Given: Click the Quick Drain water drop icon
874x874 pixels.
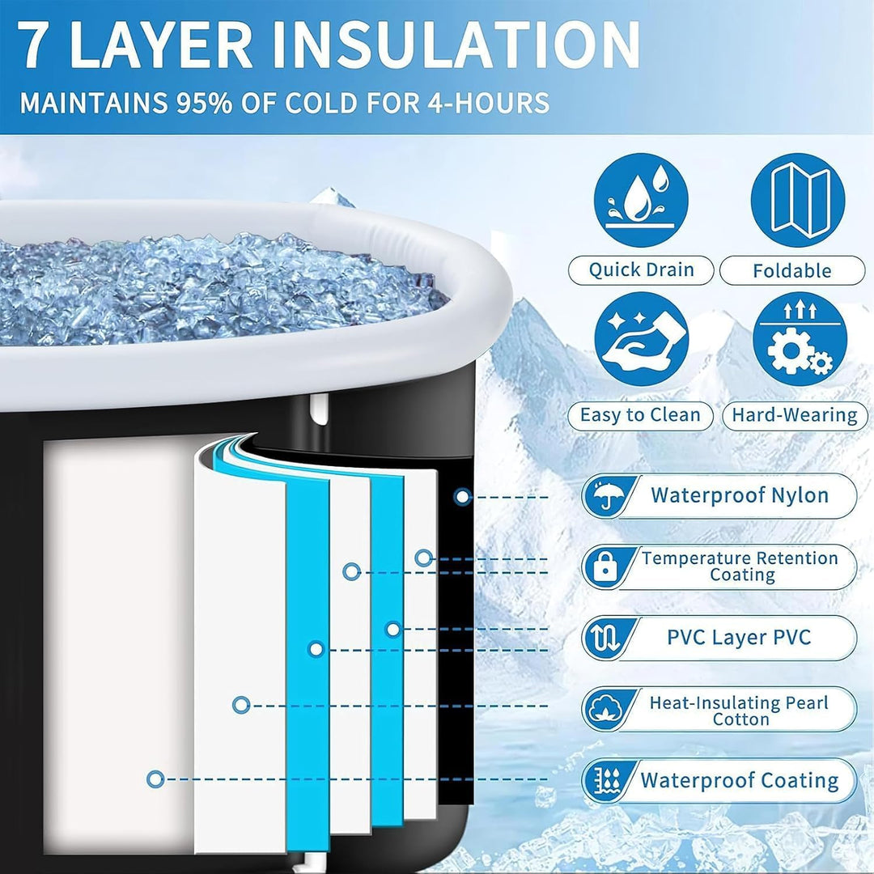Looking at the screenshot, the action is click(x=641, y=200).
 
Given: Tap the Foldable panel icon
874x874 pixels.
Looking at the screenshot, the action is click(x=798, y=200).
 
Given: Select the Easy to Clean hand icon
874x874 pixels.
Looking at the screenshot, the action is click(x=641, y=339).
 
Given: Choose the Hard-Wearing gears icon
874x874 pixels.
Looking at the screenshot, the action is click(x=800, y=339).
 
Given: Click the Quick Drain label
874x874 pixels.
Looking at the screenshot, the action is click(x=641, y=270).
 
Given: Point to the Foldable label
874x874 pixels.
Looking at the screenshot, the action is click(x=792, y=271).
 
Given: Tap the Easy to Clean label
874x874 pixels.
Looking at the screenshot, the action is click(x=640, y=415).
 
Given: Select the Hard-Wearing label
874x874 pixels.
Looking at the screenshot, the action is click(x=795, y=416).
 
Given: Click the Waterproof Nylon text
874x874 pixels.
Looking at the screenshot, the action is click(x=740, y=495).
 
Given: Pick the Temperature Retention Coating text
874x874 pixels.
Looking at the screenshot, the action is click(x=740, y=566).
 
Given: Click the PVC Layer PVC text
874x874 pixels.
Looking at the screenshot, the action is click(x=739, y=637).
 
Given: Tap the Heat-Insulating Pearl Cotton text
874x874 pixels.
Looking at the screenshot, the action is click(x=739, y=711).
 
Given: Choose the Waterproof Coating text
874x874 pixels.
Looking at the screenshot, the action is click(x=739, y=780).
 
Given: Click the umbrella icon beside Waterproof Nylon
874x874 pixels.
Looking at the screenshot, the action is click(x=605, y=495).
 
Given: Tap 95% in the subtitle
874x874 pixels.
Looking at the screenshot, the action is click(x=203, y=103).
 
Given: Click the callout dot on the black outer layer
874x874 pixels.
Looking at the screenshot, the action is click(x=462, y=496).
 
